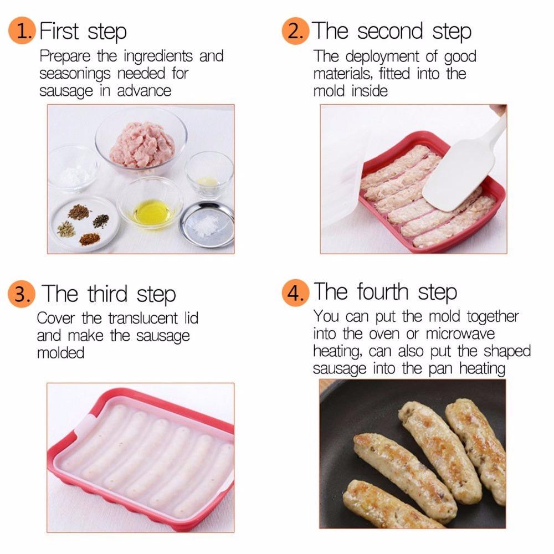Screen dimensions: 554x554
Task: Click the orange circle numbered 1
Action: (x=22, y=30)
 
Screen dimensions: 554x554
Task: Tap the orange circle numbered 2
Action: (x=295, y=30)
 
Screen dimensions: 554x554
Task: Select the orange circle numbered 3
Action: (x=22, y=294)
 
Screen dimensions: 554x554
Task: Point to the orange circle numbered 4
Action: (x=295, y=293)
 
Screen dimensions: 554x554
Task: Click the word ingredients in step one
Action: (x=158, y=57)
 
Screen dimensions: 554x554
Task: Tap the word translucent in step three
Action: (x=143, y=318)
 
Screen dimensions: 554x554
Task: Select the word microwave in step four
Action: (x=460, y=334)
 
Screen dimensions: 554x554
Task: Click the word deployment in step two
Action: (x=382, y=57)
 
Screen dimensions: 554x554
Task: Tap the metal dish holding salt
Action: (x=207, y=224)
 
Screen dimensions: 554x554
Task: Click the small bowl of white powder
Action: (x=73, y=170)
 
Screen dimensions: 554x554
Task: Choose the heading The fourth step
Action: (x=386, y=293)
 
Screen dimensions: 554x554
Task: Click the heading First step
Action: (x=83, y=31)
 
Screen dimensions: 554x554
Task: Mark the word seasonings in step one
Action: (x=75, y=74)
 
